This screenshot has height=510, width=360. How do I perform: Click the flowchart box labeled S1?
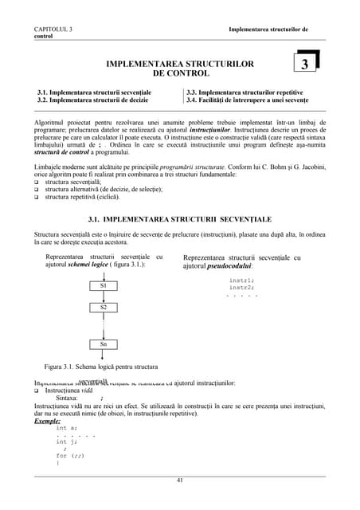104,285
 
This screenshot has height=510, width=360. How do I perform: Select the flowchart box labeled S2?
104,307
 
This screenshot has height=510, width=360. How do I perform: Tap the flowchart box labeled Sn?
104,344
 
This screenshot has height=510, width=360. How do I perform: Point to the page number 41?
180,480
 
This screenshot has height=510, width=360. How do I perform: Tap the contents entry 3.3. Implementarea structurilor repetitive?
245,92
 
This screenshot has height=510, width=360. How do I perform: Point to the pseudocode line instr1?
241,280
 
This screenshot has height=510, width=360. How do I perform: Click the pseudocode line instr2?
241,288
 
